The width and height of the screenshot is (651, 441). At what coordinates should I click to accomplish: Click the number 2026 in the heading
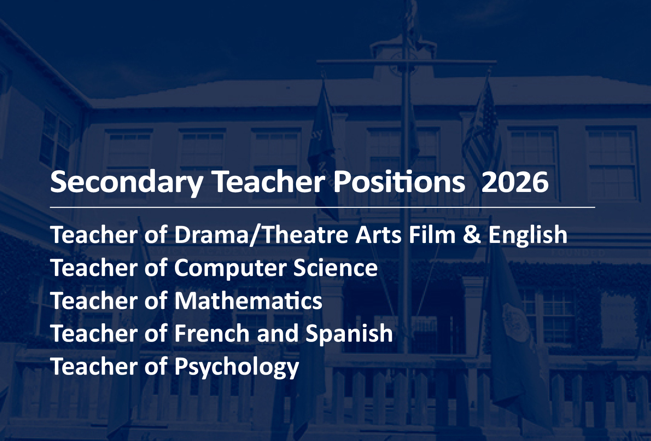click(515, 182)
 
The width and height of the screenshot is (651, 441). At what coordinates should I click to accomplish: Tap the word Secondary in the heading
click(127, 182)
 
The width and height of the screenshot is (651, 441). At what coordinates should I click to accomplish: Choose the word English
click(528, 235)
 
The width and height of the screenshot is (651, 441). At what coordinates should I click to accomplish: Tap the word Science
click(336, 268)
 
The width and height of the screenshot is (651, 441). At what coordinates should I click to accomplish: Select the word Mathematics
click(248, 301)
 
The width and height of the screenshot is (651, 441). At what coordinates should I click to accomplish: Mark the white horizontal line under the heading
click(323, 207)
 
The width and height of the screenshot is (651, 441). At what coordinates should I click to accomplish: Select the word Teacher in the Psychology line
click(94, 366)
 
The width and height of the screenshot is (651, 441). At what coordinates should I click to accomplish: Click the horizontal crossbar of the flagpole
click(407, 62)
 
